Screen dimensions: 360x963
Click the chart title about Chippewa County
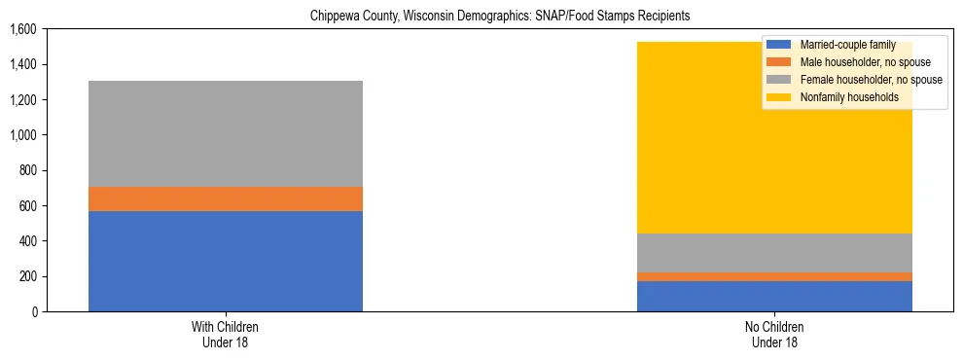tap(500, 17)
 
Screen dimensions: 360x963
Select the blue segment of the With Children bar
tap(226, 261)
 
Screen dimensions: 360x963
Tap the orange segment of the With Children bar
tap(226, 198)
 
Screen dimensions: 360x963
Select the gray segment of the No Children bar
tap(774, 253)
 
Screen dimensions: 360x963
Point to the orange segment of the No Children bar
tap(774, 276)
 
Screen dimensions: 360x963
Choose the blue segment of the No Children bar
tap(774, 296)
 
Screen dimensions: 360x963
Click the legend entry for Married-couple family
tap(844, 45)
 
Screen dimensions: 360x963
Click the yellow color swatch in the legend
tap(779, 97)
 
